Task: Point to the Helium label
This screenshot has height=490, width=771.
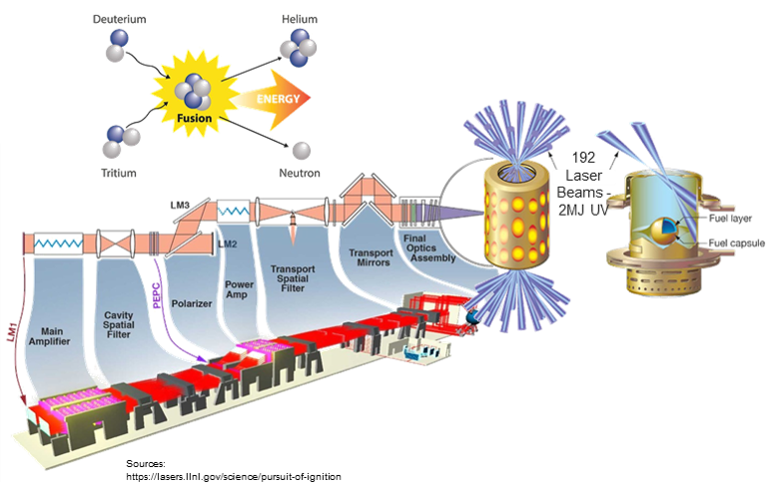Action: coord(295,19)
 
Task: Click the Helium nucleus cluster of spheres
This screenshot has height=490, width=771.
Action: coord(300,46)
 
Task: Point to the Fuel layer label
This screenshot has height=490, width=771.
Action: coord(714,216)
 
